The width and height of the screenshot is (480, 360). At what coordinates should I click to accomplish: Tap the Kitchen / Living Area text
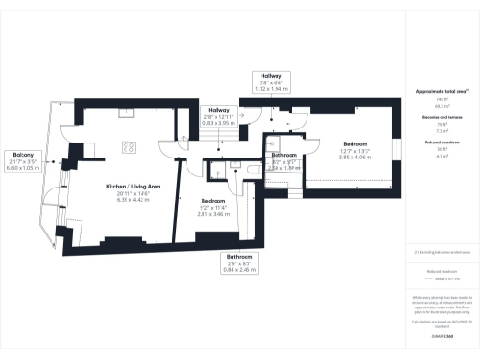tap(131, 187)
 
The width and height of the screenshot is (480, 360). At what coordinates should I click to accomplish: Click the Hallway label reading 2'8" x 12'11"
tap(221, 117)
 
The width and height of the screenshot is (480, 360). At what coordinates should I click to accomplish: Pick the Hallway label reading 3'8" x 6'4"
tap(272, 83)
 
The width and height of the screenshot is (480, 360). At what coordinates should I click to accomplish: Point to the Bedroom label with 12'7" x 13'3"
tap(354, 151)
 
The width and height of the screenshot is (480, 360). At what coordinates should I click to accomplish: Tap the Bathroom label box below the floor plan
tap(238, 263)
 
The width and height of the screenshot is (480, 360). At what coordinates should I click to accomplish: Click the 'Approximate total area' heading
tap(442, 91)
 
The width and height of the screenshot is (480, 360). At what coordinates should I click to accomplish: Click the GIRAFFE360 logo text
tap(442, 334)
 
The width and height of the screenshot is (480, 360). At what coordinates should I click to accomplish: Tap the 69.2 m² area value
tap(442, 103)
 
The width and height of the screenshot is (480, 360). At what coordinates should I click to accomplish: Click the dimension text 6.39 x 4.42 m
tap(131, 199)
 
